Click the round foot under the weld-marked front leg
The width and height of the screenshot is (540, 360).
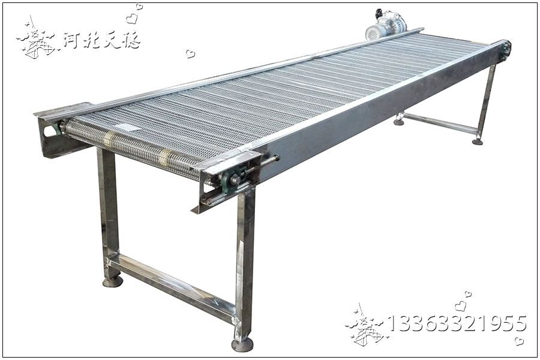(242, 344)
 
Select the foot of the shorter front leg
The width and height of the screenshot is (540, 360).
(113, 282)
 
